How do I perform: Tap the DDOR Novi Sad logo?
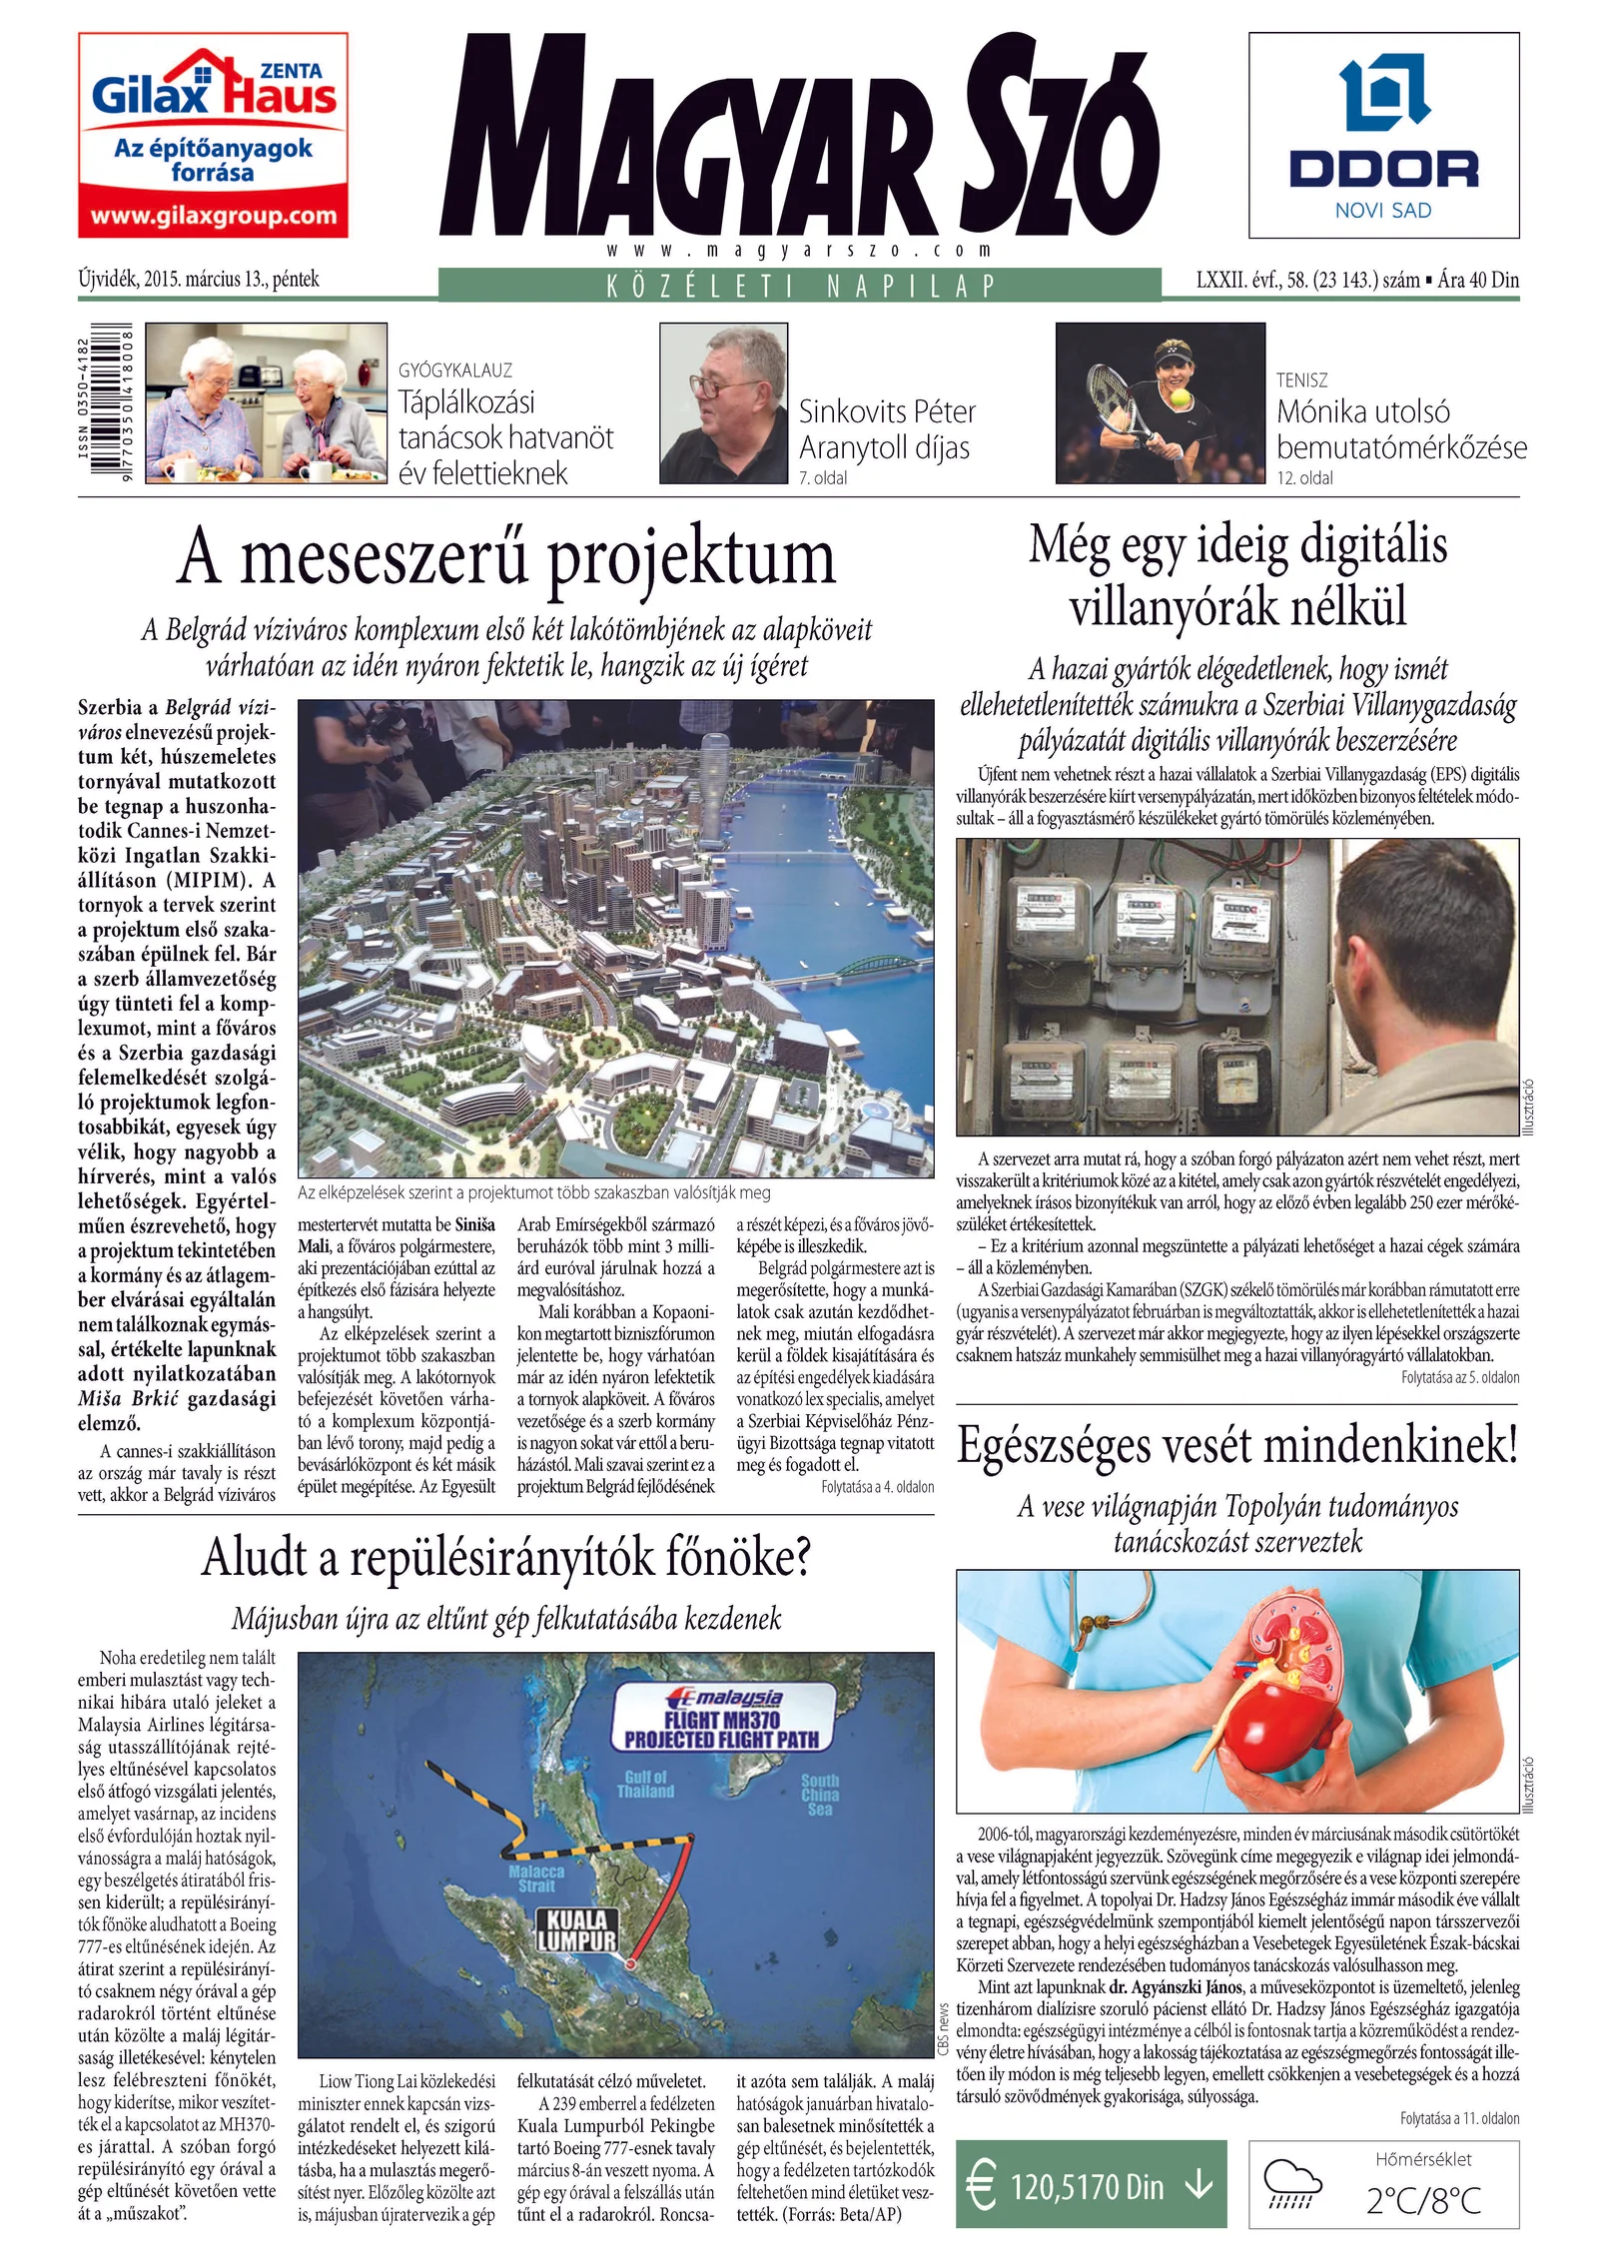point(1383,135)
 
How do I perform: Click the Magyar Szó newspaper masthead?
point(799,140)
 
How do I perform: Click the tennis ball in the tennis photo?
point(1182,399)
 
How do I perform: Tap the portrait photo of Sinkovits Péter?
point(723,402)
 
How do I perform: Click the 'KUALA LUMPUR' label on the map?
point(577,1931)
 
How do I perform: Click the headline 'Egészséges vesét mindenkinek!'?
point(1237,1445)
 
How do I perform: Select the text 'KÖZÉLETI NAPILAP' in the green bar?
point(799,286)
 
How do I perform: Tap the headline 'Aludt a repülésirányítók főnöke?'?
point(506,1558)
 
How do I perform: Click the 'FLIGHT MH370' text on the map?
point(721,1720)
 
